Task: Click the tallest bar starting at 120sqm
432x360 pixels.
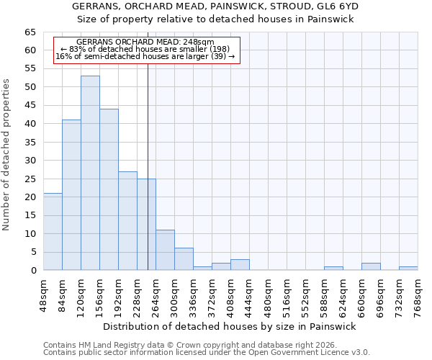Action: click(x=90, y=173)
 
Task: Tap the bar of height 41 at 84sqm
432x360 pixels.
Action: click(x=71, y=195)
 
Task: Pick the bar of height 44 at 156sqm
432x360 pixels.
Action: click(x=109, y=189)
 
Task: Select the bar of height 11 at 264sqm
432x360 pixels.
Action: click(x=165, y=250)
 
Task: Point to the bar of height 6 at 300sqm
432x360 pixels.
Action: click(x=184, y=259)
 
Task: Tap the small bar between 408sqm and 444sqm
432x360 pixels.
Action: click(x=240, y=264)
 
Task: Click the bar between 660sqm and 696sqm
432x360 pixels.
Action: click(x=371, y=266)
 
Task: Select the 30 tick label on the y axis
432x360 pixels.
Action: click(x=30, y=161)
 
